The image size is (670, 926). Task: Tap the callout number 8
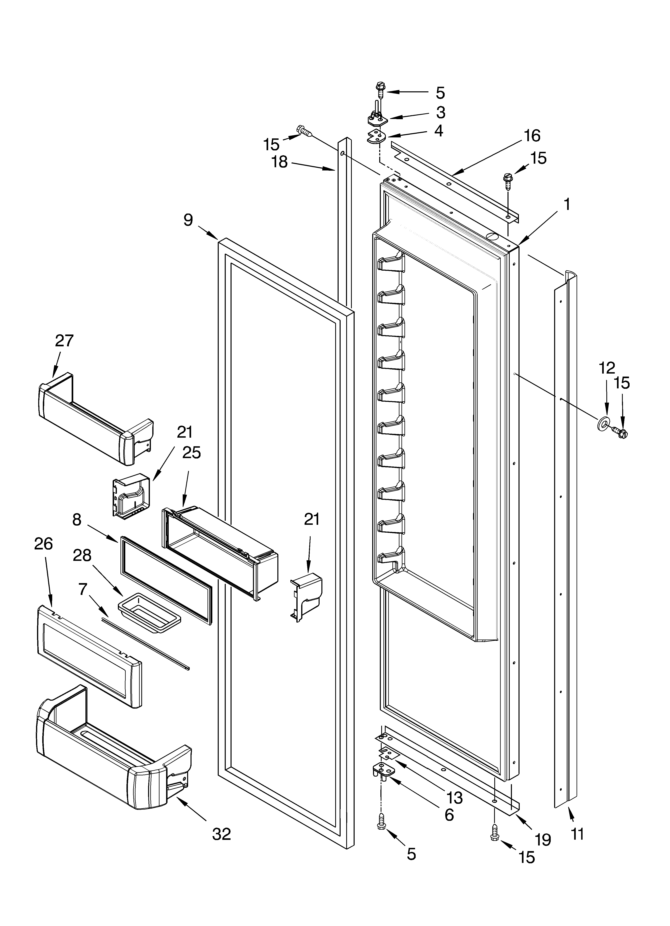pos(77,520)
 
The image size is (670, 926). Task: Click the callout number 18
pos(280,162)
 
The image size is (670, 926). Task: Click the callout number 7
pos(83,589)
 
